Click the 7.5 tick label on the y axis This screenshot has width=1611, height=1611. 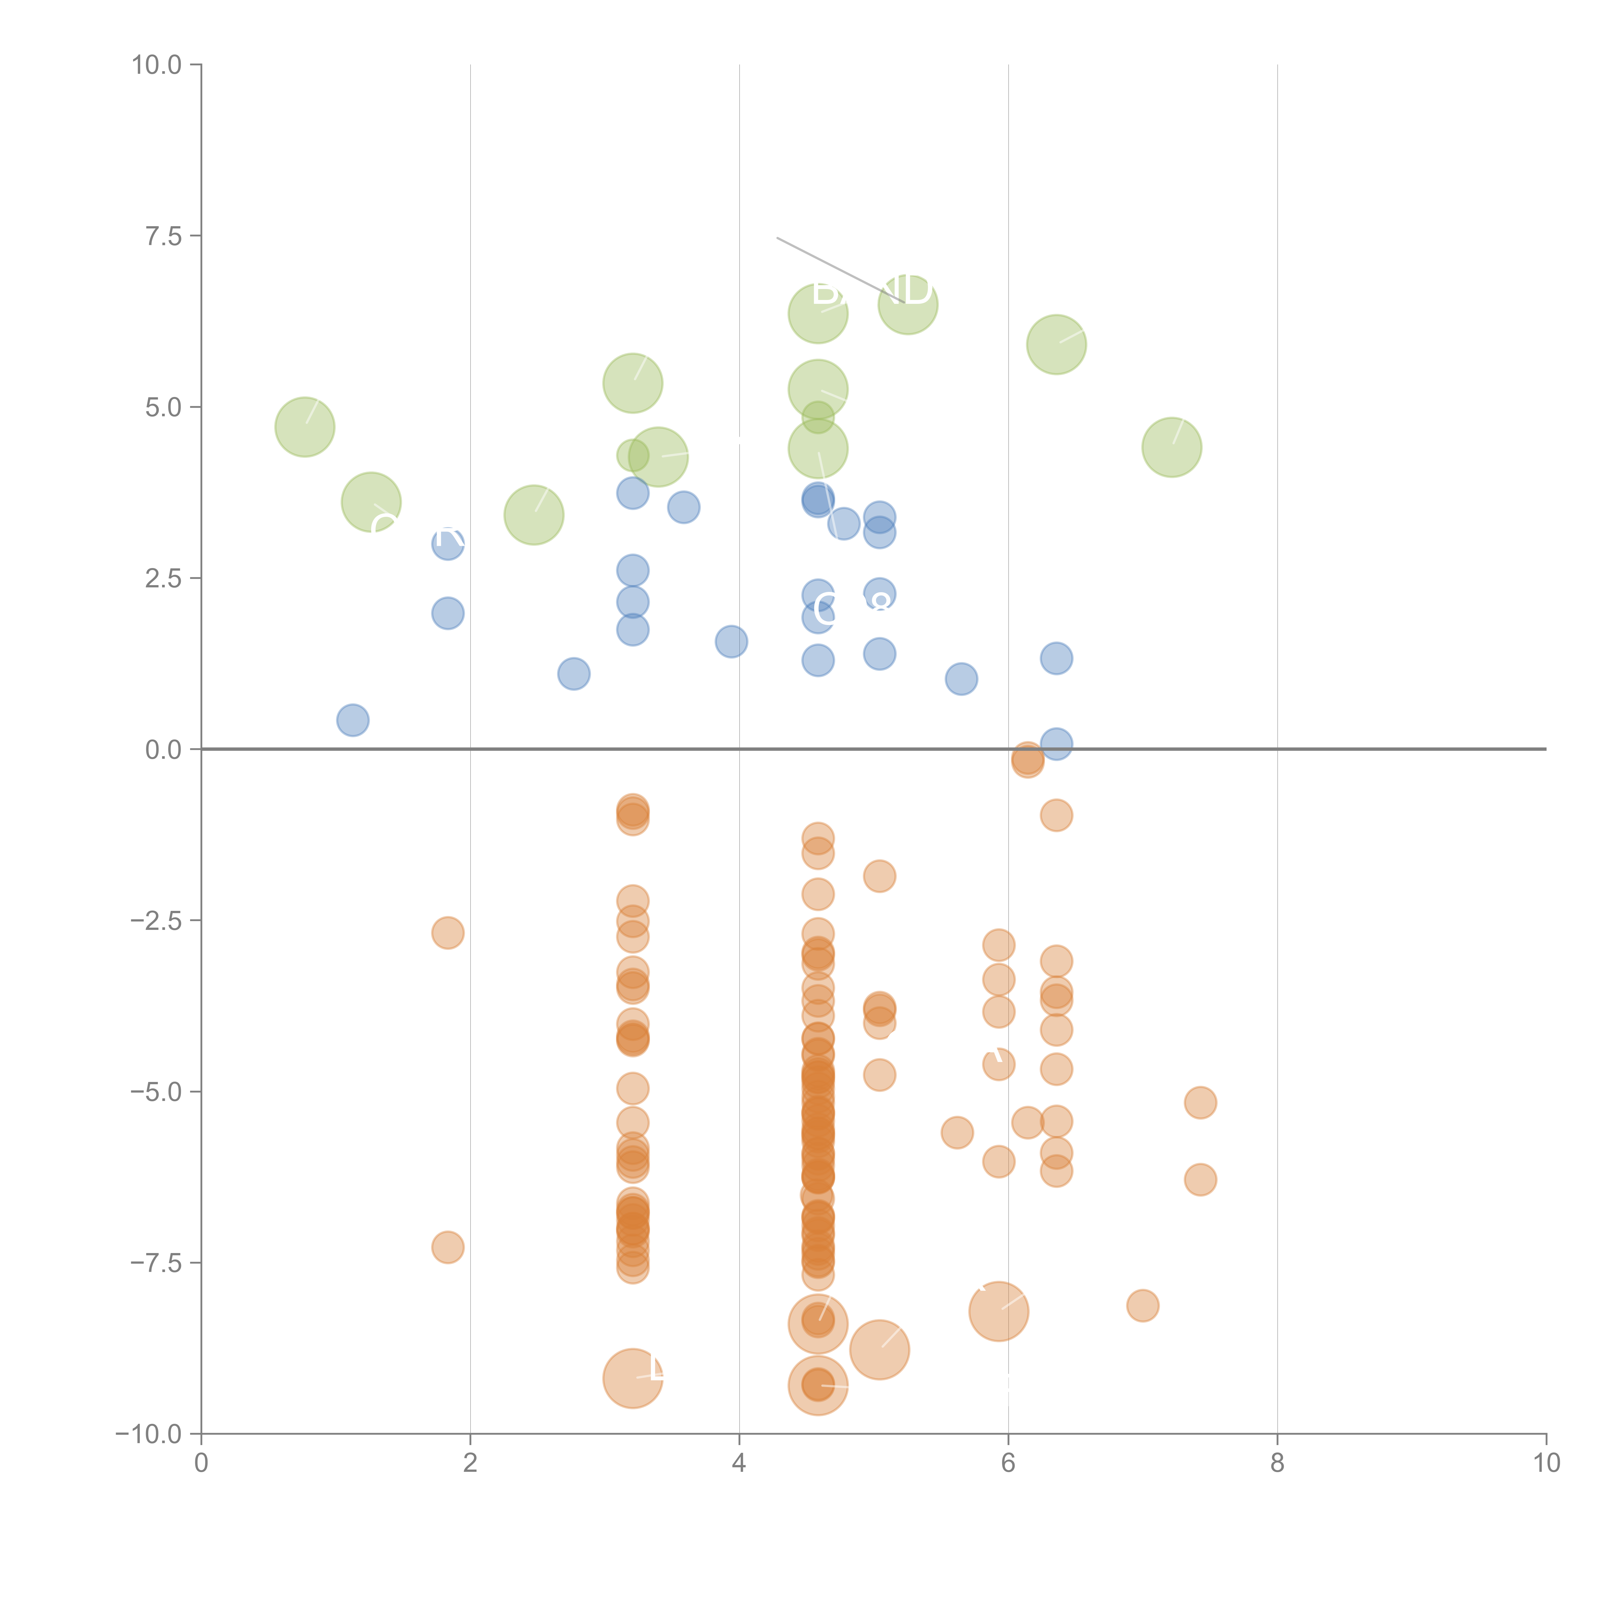(163, 236)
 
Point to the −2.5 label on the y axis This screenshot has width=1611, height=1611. (156, 921)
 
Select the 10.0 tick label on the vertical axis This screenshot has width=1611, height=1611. (157, 65)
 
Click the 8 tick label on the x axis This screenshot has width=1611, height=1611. (1278, 1463)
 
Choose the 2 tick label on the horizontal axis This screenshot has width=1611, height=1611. (470, 1463)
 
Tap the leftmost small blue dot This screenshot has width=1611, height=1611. (353, 720)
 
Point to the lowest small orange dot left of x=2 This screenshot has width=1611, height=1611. (448, 1248)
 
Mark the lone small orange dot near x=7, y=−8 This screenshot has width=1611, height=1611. (1143, 1306)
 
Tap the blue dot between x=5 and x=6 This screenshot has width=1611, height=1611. (961, 679)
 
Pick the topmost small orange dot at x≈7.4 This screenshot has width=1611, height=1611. (1200, 1103)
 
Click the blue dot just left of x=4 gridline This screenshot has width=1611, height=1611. (731, 641)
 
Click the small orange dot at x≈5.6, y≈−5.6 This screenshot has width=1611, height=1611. (957, 1132)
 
